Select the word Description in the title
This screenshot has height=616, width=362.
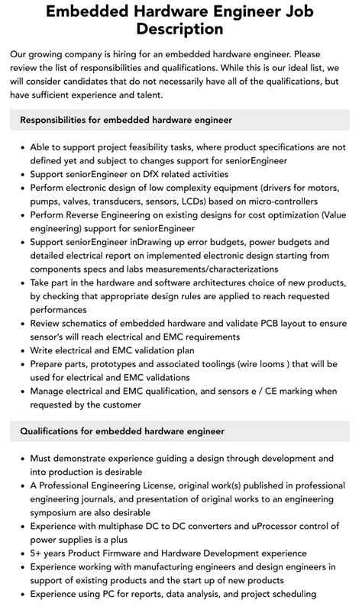click(x=180, y=31)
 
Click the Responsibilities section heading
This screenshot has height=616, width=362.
click(x=127, y=120)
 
